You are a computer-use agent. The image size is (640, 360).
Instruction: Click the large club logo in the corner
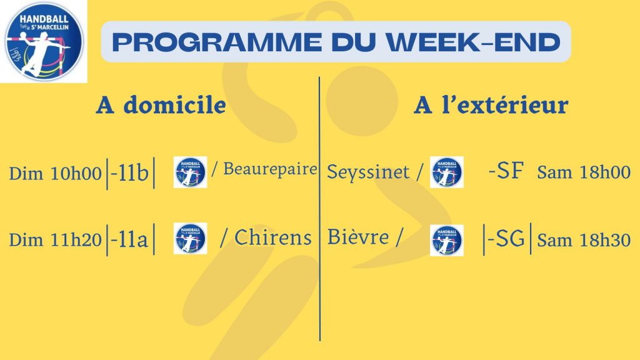pos(43,41)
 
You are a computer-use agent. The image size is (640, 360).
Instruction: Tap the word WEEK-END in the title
pos(474,42)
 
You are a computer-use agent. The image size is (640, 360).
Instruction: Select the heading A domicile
pos(161,105)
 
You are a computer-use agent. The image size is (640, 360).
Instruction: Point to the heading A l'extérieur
pos(491,104)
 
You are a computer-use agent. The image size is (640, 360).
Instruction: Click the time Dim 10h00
pos(55,174)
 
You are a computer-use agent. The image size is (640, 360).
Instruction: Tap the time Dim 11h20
pos(55,239)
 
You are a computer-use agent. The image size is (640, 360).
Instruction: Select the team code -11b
pos(129,173)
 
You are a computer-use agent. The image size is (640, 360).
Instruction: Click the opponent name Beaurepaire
pos(270,169)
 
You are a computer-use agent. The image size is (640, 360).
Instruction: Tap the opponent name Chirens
pos(273,237)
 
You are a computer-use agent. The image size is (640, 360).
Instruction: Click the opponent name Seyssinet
pos(368,172)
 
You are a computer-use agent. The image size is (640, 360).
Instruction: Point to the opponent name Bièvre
pos(358,237)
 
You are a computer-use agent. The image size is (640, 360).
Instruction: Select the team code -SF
pos(506,171)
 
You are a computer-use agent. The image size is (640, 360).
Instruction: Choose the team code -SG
pos(506,239)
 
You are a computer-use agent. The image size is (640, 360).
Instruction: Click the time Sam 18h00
pos(584,172)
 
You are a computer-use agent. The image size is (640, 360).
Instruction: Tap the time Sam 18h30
pos(584,240)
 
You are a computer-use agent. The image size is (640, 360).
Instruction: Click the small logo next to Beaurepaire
pos(190,172)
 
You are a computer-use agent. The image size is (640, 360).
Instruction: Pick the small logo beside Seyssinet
pos(446,172)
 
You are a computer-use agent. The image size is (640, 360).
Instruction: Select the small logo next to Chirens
pos(190,238)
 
